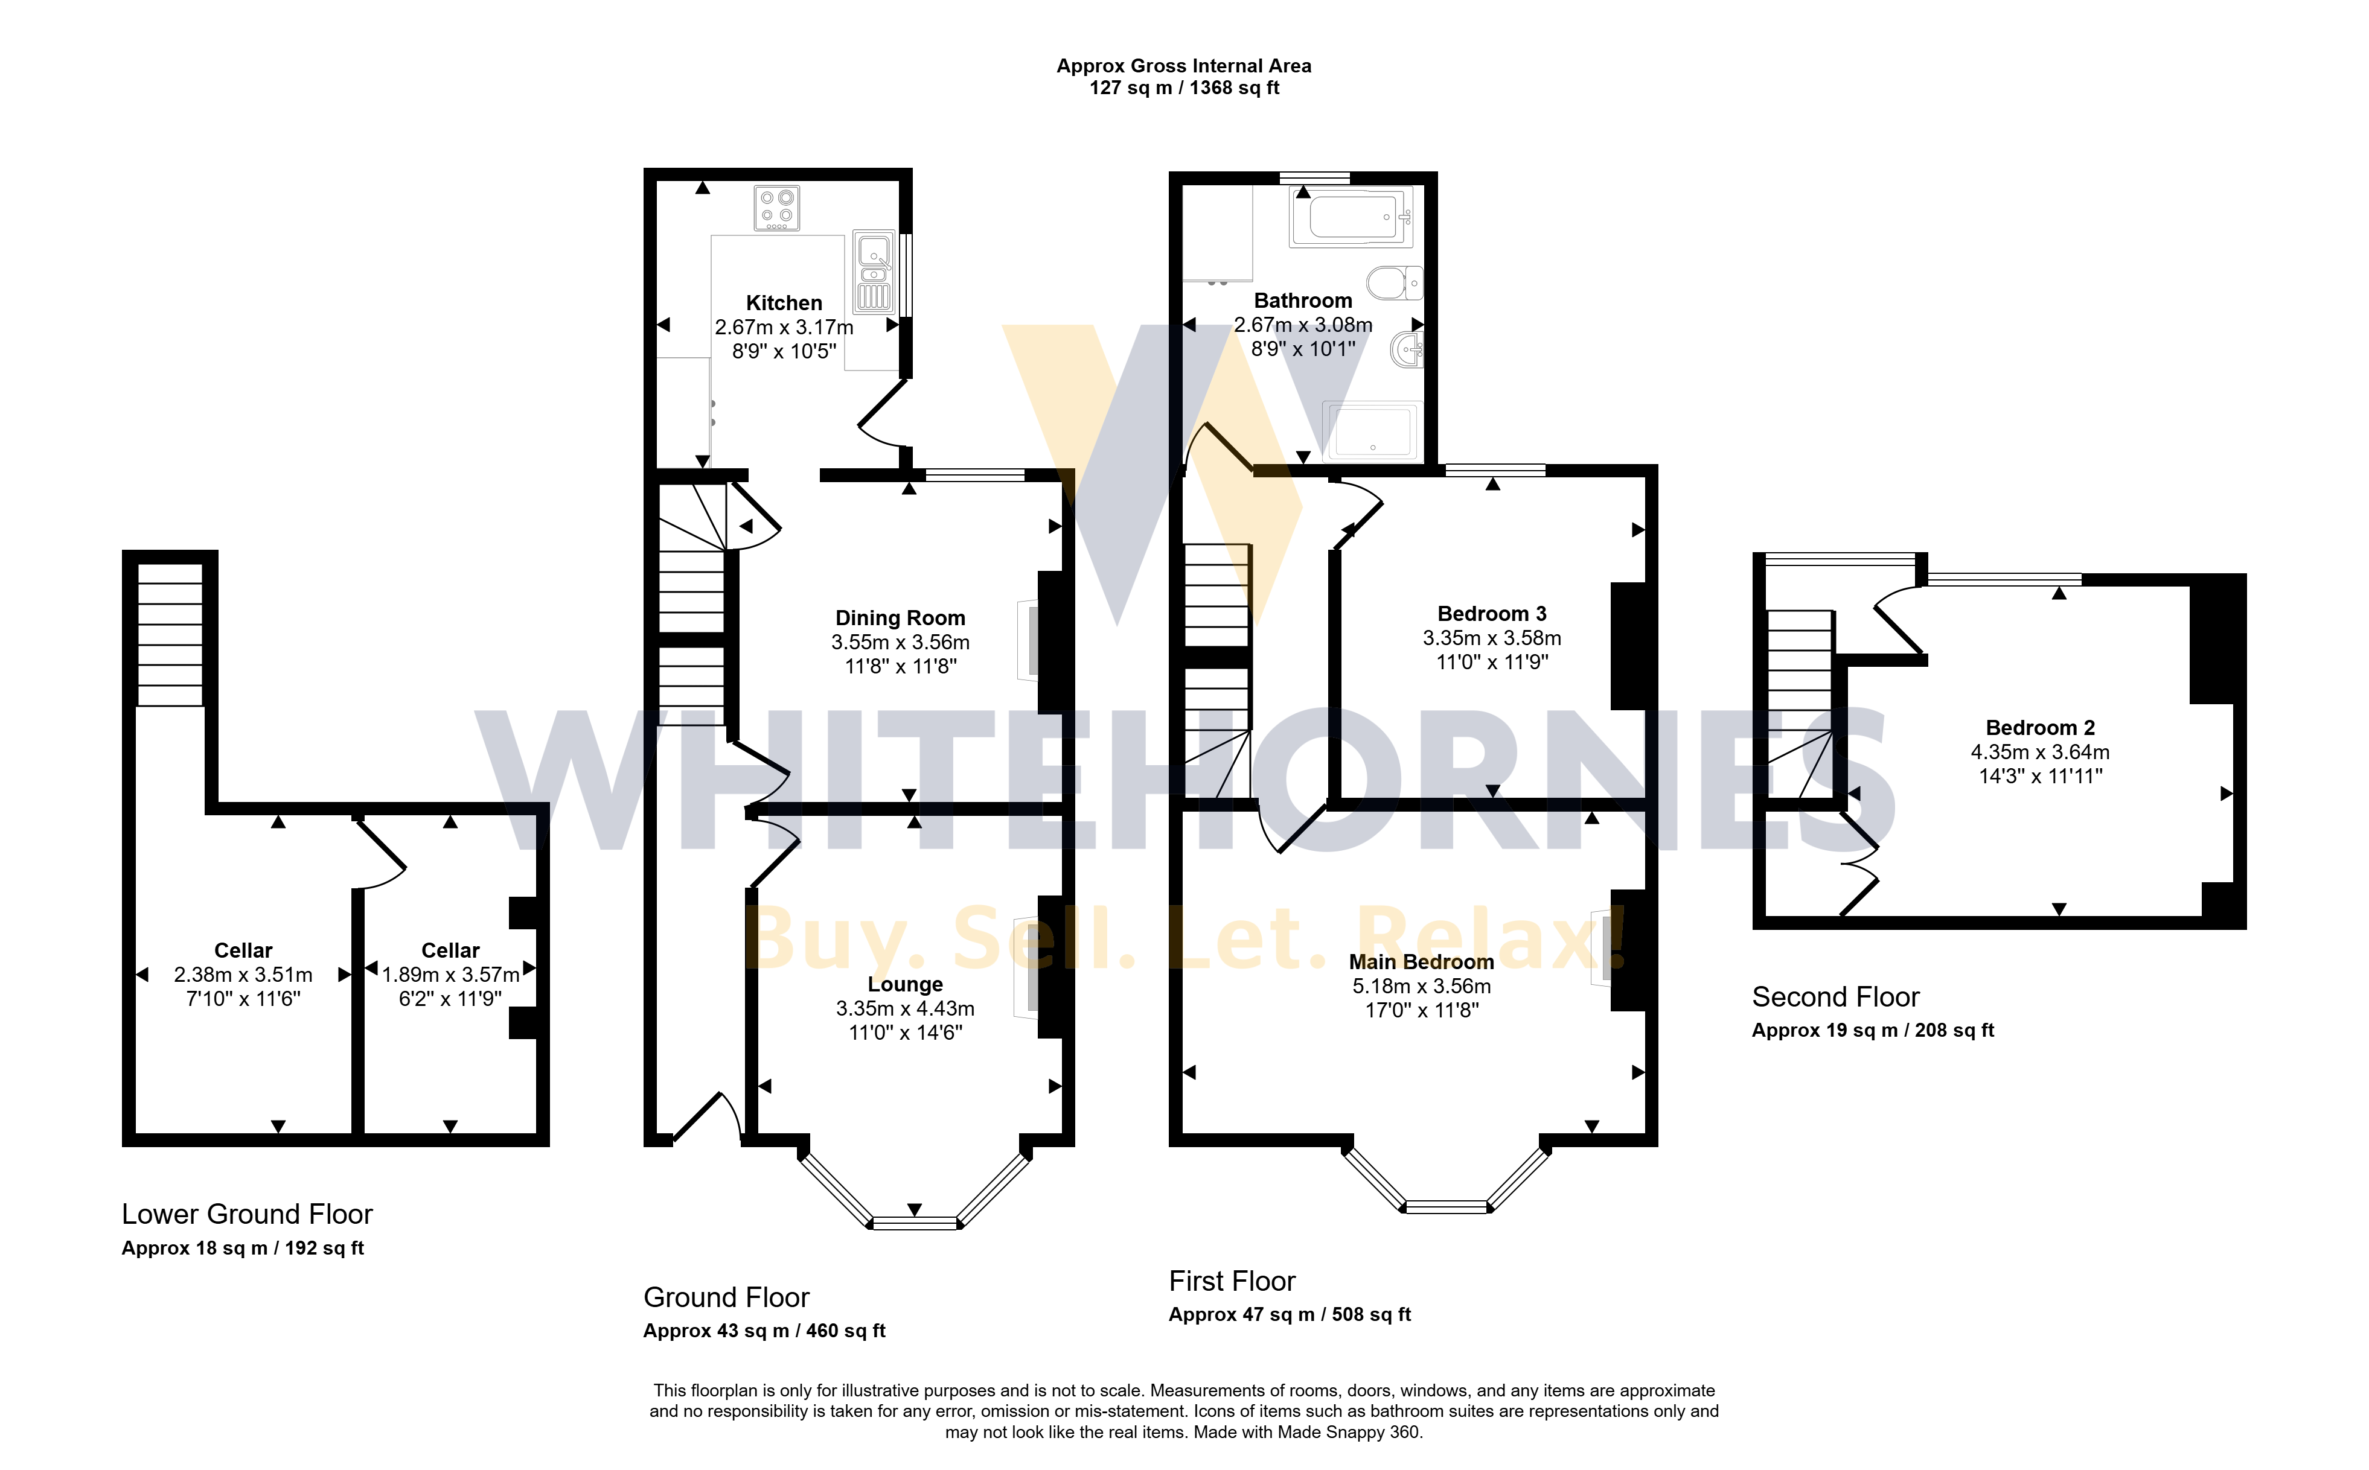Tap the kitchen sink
874,270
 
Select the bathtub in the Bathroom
1352,217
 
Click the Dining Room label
901,619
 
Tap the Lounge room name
906,985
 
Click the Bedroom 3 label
1492,614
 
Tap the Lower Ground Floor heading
247,1214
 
